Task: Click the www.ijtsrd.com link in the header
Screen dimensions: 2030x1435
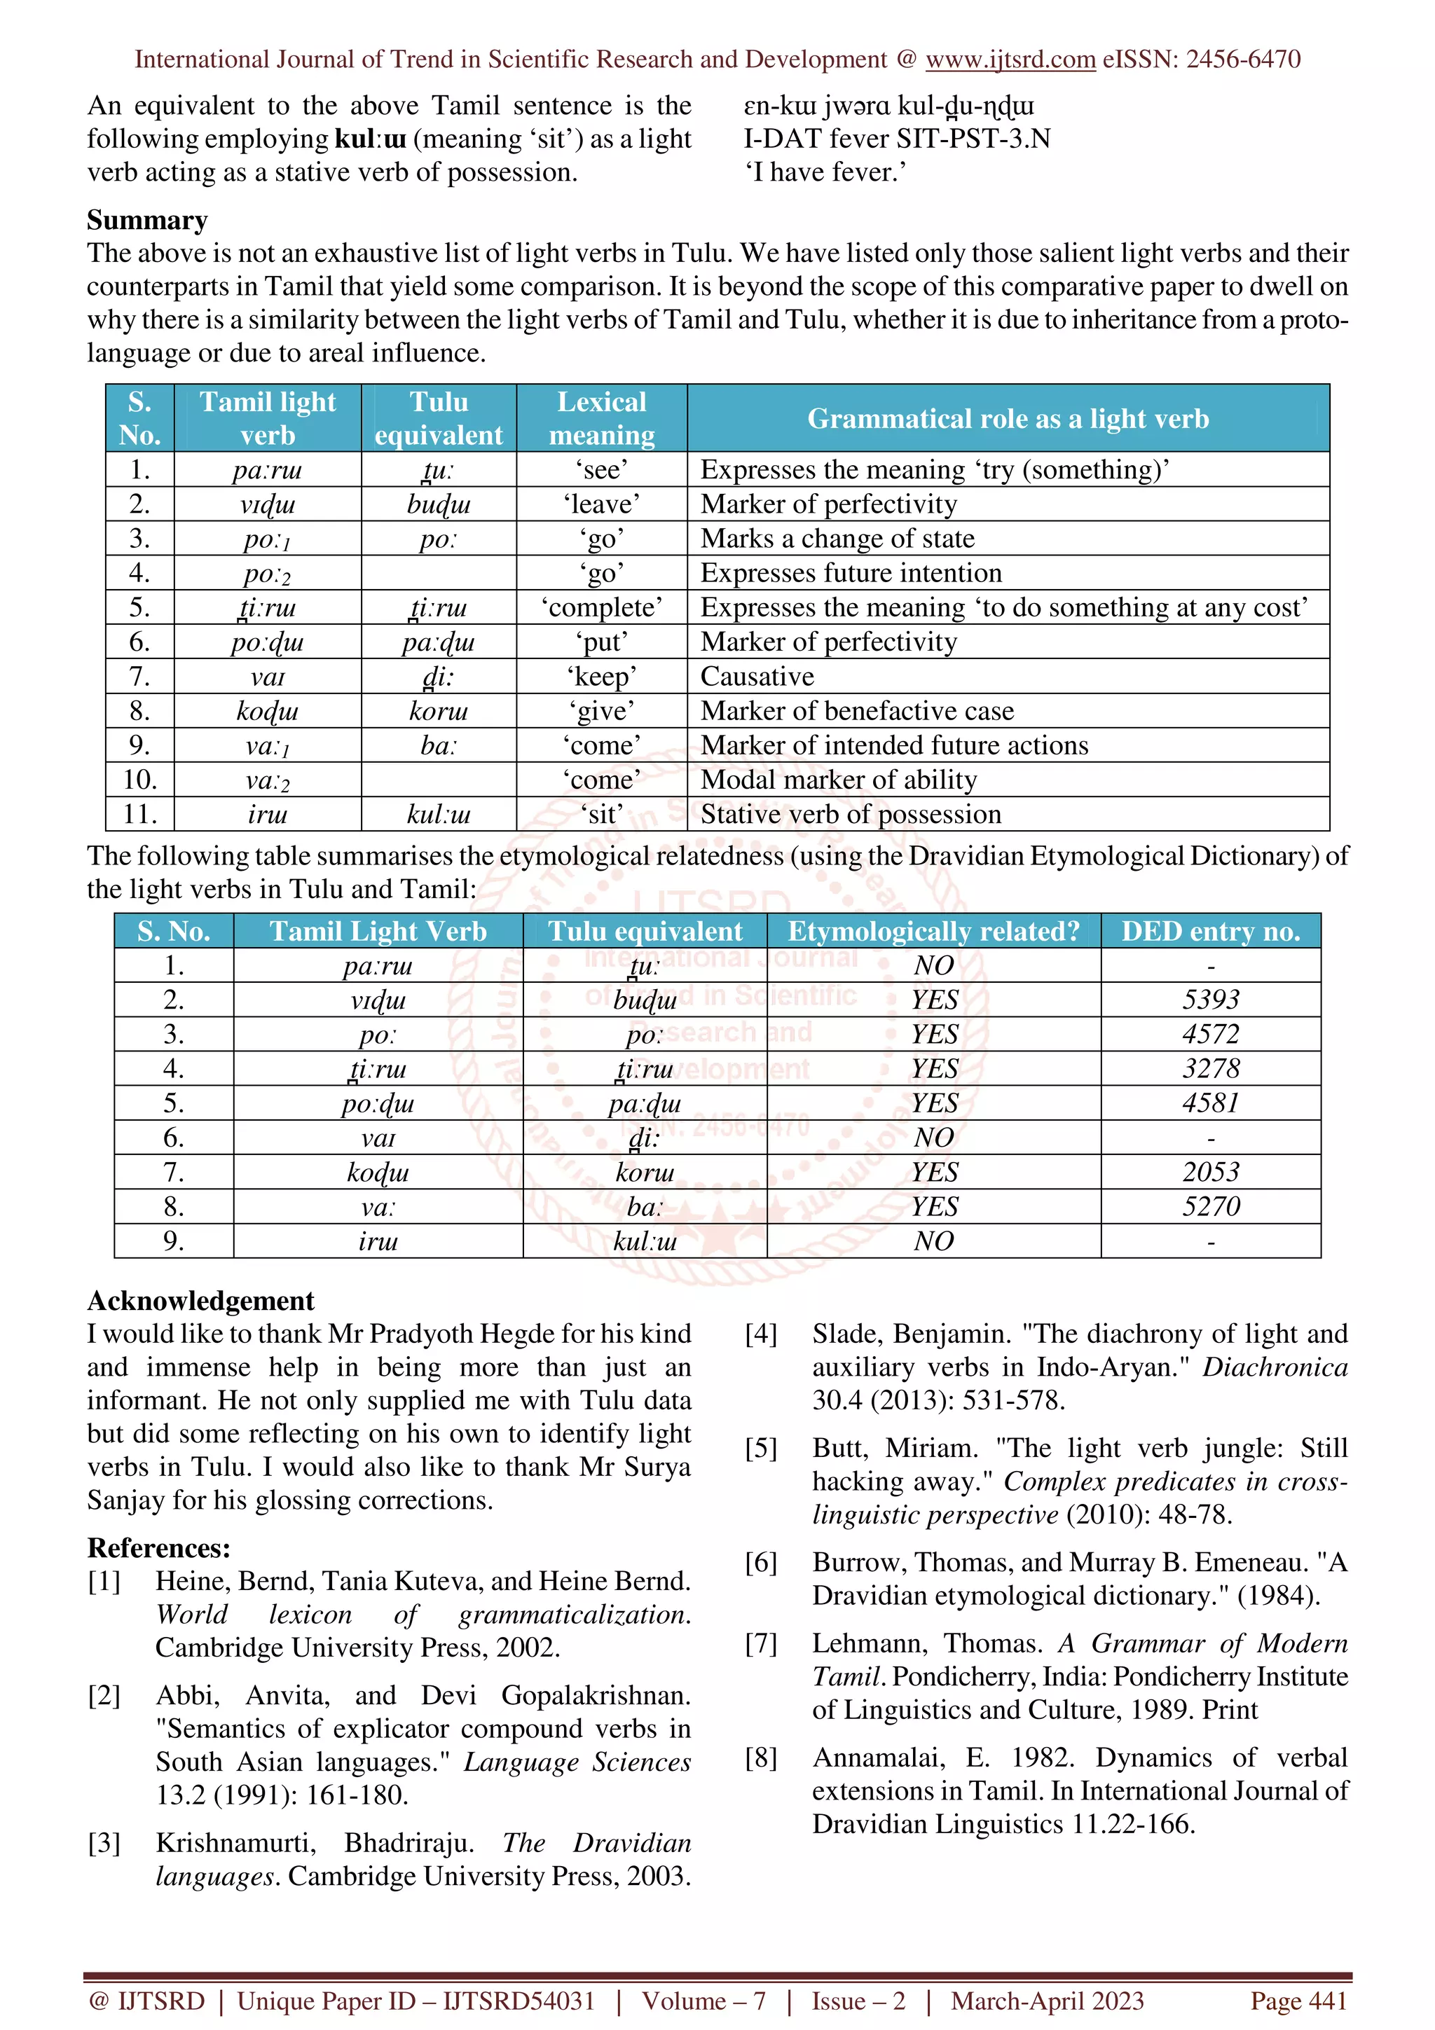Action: (x=1010, y=60)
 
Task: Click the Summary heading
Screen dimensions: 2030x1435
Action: (x=146, y=219)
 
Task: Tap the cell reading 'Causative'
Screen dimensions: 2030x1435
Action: (x=757, y=677)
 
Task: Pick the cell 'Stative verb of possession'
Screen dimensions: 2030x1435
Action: (x=851, y=814)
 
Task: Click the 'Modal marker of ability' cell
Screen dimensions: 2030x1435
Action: (x=838, y=780)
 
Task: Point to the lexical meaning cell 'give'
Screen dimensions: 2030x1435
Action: (x=601, y=711)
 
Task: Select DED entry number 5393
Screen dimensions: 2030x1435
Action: (x=1210, y=1000)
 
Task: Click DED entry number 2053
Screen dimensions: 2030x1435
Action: (x=1210, y=1173)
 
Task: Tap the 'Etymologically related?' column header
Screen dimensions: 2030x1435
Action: (x=933, y=931)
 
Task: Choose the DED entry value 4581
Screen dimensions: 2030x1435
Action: (x=1210, y=1103)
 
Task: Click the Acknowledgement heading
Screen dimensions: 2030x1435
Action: (x=200, y=1301)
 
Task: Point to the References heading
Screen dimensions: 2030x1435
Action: (x=158, y=1548)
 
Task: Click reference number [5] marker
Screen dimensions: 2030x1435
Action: (x=760, y=1448)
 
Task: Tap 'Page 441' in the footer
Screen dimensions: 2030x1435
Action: (x=1297, y=2000)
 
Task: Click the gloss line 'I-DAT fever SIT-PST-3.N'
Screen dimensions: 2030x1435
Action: (x=897, y=139)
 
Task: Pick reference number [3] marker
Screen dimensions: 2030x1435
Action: (x=104, y=1844)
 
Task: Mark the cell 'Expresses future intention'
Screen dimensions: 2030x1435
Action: (x=851, y=573)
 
